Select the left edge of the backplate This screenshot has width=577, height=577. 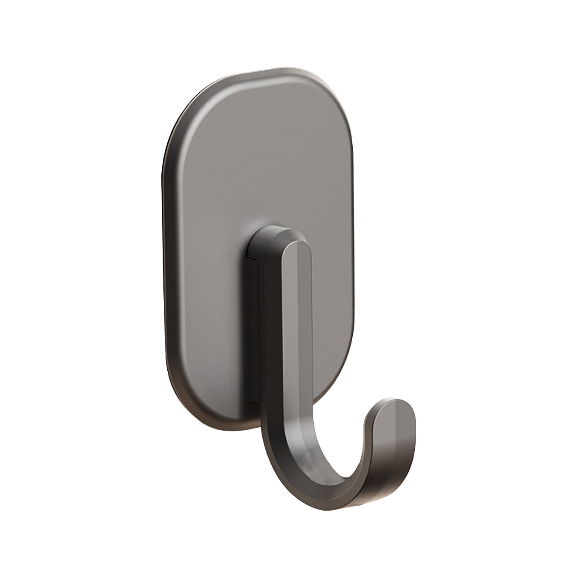[x=165, y=252]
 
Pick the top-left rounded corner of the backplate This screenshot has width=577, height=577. [x=188, y=105]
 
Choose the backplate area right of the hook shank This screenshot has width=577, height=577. [x=332, y=307]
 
